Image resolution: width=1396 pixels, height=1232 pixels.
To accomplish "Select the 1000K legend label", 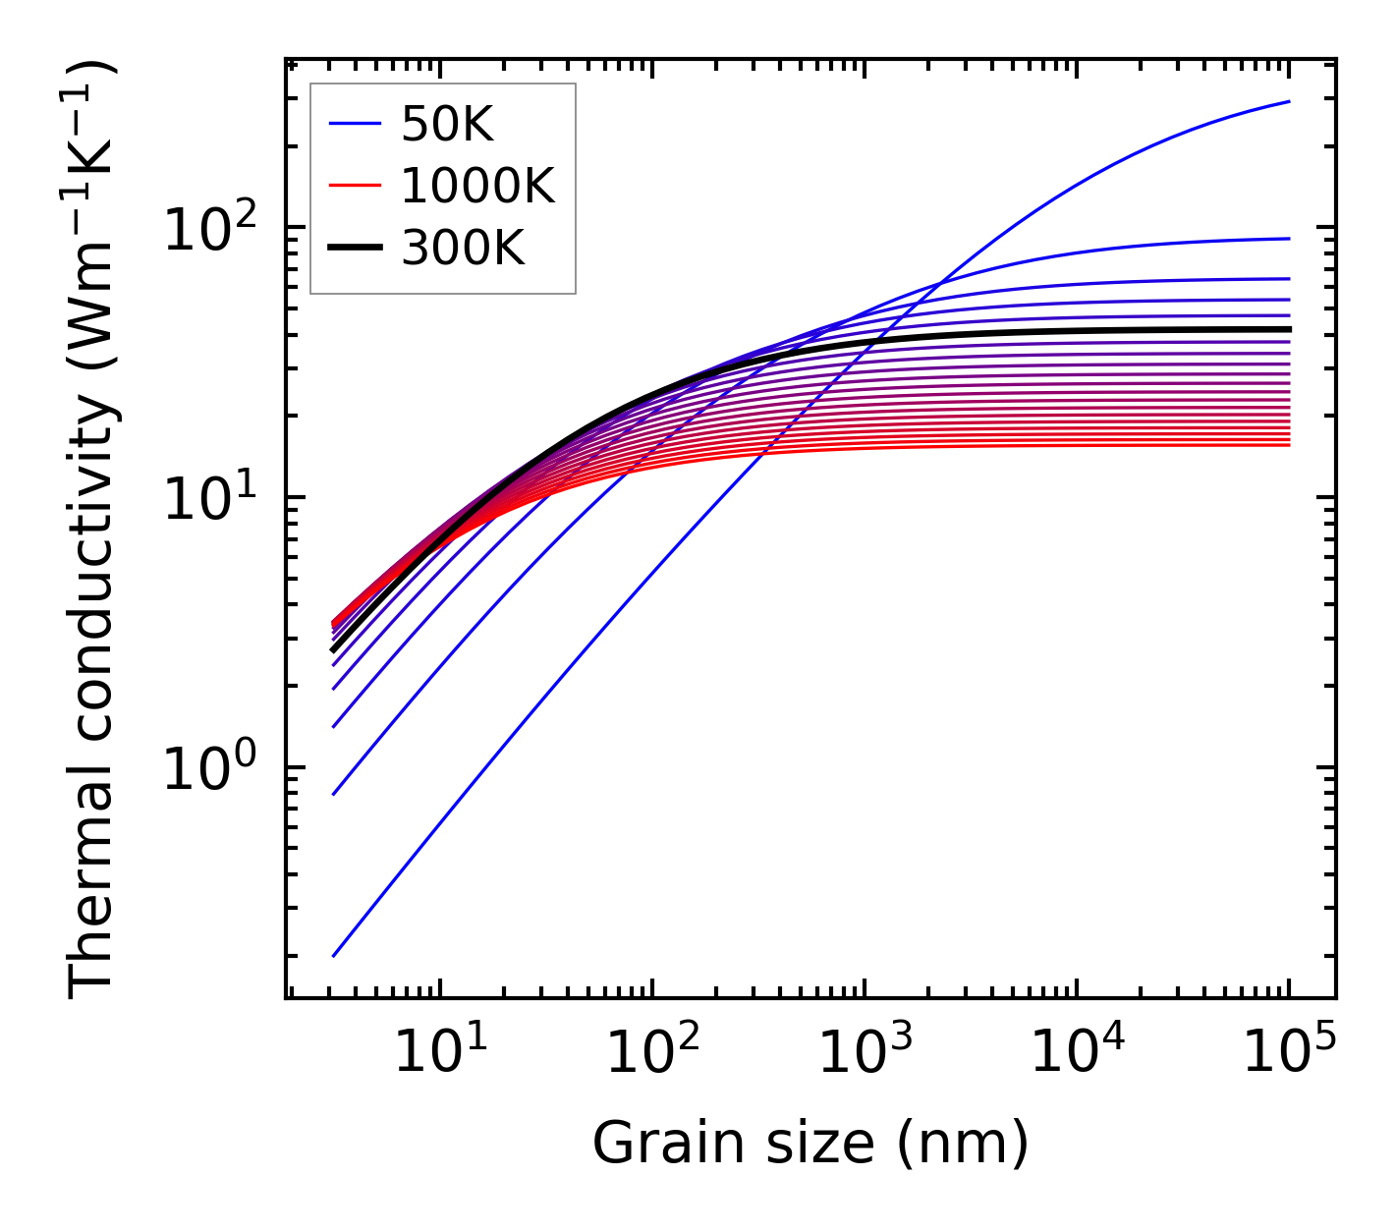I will [x=477, y=186].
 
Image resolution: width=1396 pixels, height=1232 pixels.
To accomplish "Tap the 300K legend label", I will [x=463, y=249].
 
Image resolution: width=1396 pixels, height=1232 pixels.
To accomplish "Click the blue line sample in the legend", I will [x=355, y=124].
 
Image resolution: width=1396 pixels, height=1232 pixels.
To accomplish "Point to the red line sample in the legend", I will [x=355, y=186].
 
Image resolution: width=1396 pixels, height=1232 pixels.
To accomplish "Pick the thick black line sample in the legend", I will [x=355, y=249].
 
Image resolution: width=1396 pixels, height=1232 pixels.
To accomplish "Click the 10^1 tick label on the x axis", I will [x=439, y=1053].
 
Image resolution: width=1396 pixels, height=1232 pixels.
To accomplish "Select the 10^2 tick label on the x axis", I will [x=651, y=1053].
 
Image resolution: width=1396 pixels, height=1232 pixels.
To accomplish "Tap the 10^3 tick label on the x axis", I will [x=864, y=1053].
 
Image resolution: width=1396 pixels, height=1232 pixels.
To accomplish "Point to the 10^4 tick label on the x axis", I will [x=1076, y=1053].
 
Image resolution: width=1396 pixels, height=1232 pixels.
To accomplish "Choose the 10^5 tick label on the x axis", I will [x=1288, y=1053].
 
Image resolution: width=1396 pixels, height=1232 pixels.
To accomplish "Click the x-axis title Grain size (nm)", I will [x=810, y=1144].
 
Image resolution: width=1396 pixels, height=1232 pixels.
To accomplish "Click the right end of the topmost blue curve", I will [x=1289, y=101].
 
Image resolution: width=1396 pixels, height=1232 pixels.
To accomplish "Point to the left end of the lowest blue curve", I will [x=334, y=955].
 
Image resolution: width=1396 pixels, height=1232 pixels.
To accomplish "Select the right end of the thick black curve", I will [x=1289, y=329].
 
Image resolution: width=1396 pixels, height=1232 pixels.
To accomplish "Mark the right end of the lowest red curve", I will [x=1289, y=445].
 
